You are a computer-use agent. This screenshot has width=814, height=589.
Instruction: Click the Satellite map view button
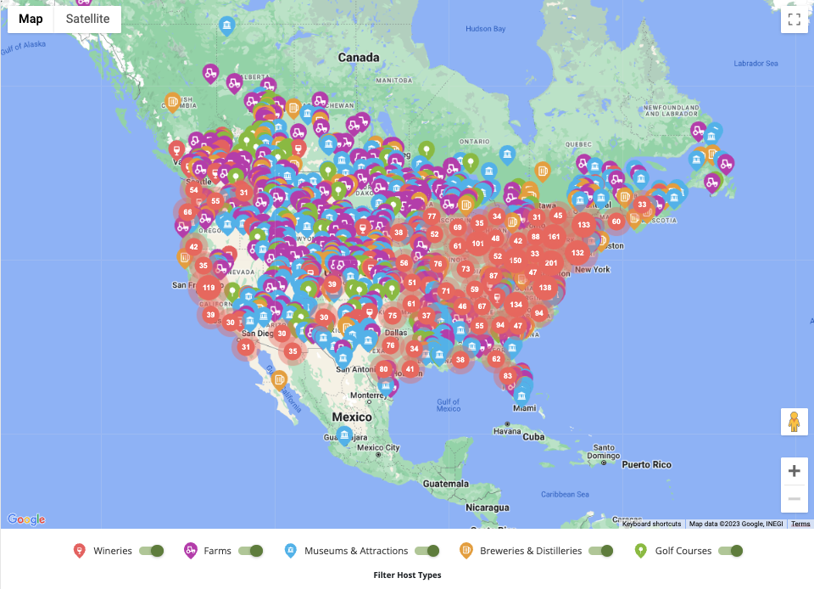pyautogui.click(x=87, y=20)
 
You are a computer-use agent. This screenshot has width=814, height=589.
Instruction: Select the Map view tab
pyautogui.click(x=31, y=20)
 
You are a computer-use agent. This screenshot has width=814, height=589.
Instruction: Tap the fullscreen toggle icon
pyautogui.click(x=794, y=20)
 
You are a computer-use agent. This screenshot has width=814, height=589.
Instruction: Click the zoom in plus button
pyautogui.click(x=794, y=471)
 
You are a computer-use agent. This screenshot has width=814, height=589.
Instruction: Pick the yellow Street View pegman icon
pyautogui.click(x=794, y=422)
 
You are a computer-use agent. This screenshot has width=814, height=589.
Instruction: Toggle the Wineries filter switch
pyautogui.click(x=152, y=551)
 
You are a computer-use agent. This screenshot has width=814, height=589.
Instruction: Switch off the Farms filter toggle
pyautogui.click(x=251, y=551)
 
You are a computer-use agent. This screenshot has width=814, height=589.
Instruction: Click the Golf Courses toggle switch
pyautogui.click(x=731, y=551)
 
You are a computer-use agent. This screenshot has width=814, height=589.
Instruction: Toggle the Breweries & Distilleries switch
pyautogui.click(x=601, y=551)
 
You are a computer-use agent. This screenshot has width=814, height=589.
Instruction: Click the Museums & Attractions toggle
pyautogui.click(x=427, y=551)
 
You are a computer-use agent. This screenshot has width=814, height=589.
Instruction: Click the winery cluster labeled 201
pyautogui.click(x=552, y=262)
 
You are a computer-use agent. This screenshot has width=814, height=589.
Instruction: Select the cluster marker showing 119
pyautogui.click(x=208, y=288)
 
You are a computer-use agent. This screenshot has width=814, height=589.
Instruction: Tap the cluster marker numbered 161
pyautogui.click(x=555, y=237)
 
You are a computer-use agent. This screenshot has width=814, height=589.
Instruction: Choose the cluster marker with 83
pyautogui.click(x=508, y=376)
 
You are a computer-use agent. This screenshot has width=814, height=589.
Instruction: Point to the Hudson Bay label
pyautogui.click(x=485, y=29)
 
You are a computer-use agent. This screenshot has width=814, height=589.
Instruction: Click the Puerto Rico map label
pyautogui.click(x=648, y=464)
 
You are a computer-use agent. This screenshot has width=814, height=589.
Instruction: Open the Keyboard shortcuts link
pyautogui.click(x=651, y=524)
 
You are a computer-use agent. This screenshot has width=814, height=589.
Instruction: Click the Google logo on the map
pyautogui.click(x=26, y=519)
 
